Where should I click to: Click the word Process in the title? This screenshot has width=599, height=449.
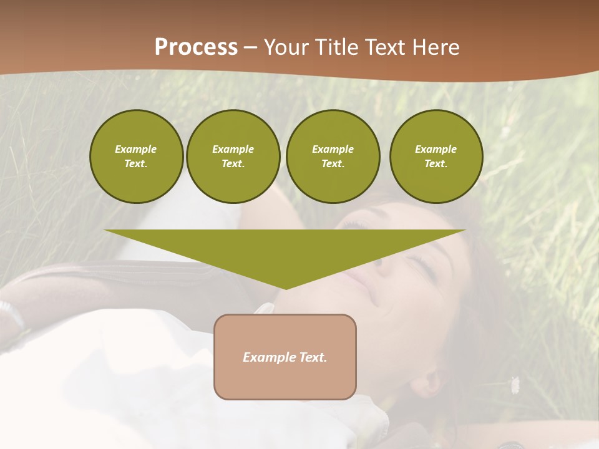pos(196,47)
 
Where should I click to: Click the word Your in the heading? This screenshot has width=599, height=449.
pos(285,47)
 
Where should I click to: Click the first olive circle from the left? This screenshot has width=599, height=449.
pos(136,157)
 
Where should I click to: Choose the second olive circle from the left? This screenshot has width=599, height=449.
pos(233,157)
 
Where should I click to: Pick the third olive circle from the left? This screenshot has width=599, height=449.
pos(333,157)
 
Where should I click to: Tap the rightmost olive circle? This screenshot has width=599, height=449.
pos(436,157)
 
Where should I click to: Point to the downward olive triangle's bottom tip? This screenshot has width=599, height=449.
pos(286,287)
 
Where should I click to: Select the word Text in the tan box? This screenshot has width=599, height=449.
pos(313,357)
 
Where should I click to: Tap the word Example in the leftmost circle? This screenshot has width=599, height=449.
pos(136,149)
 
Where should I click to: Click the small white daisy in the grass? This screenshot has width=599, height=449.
pos(515,385)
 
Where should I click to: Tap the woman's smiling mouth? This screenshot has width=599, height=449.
pos(373,296)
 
